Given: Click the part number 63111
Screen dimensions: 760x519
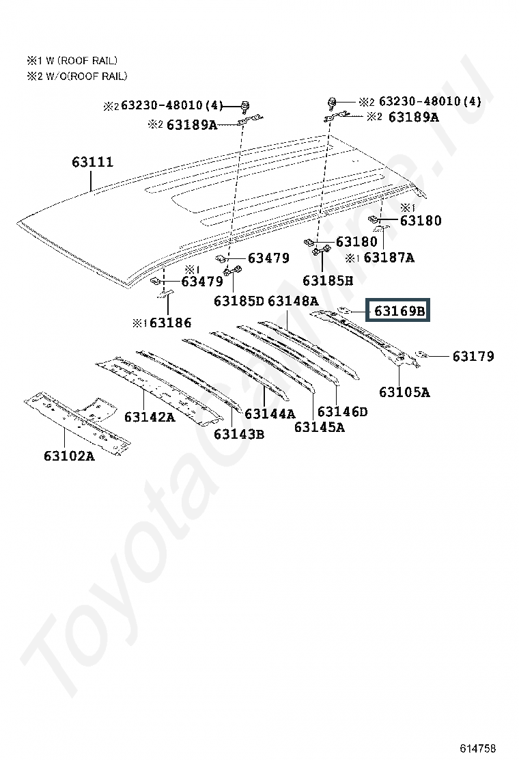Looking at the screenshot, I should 92,163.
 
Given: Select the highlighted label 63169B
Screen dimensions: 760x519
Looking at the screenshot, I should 399,312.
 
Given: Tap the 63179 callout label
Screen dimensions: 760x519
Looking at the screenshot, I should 473,356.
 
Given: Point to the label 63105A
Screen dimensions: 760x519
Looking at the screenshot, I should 404,392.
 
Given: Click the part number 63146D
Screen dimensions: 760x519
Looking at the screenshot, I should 342,411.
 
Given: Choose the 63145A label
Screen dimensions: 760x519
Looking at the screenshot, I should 319,427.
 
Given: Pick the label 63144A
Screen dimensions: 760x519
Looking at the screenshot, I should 270,413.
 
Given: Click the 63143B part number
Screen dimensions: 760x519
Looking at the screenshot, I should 238,434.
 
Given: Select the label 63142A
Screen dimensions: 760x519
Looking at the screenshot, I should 150,416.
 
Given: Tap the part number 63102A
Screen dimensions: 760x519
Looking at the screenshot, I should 69,456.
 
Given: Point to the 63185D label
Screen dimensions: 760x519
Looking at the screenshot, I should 238,301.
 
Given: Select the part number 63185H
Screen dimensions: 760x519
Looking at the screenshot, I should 328,280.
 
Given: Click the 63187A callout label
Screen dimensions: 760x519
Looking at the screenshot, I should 389,258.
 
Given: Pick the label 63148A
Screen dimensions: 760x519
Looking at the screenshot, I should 293,301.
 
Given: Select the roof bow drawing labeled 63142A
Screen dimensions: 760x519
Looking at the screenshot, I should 157,390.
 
